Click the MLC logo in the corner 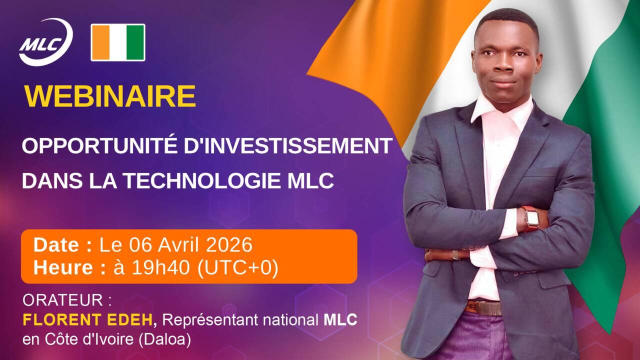coord(45,42)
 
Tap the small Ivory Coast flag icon coord(118,42)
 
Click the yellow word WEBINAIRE coord(109,96)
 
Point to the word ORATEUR coord(62,300)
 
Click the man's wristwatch coord(531,218)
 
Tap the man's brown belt coord(484,307)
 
